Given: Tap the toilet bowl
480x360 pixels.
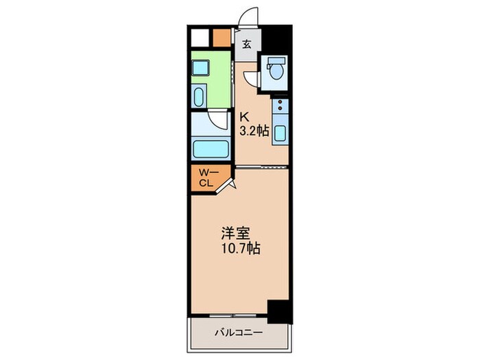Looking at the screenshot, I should pos(276,71).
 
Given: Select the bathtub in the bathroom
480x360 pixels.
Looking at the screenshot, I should pos(211,148).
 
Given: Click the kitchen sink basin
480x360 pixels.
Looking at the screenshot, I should pos(280,132).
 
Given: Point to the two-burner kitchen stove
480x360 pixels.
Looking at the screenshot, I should pos(280,108).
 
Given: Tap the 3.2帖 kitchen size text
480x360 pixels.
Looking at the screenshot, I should pos(253,130).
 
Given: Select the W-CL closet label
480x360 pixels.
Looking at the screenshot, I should pos(206,178).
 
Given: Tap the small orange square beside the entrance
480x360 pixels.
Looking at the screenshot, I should pos(221,38).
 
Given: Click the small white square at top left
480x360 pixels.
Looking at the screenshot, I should pos(199,38).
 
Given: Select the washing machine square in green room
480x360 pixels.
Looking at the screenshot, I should pos(200,68).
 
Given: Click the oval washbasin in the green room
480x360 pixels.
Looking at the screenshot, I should pos(199,96).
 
